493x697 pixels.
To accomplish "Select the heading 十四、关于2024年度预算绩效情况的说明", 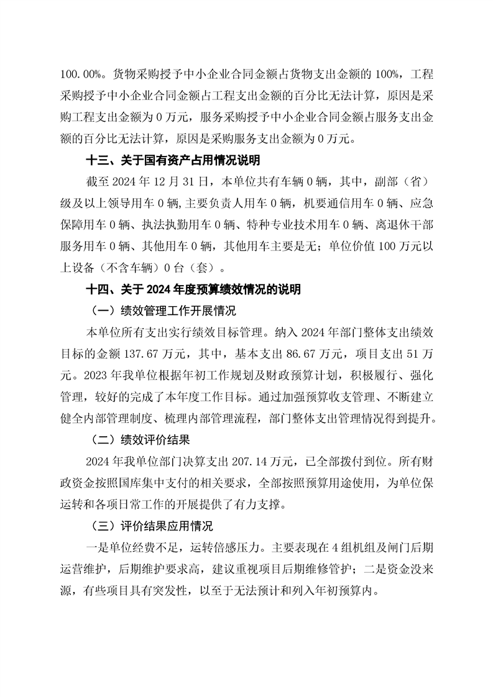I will tap(193, 289).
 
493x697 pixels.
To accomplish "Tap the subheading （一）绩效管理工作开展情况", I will tap(160, 310).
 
